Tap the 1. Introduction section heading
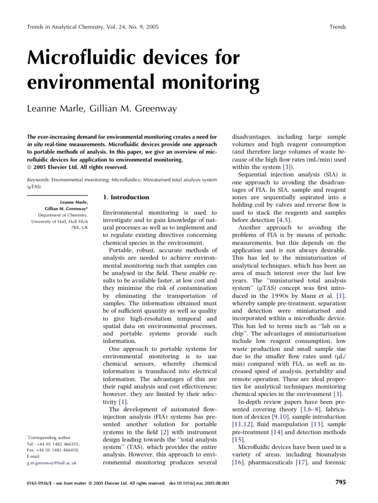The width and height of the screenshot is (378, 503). [126, 197]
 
